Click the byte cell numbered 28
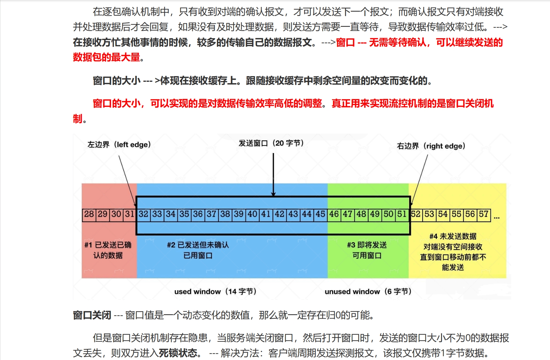click(x=89, y=214)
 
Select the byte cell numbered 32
click(x=143, y=214)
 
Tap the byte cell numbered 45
click(x=320, y=214)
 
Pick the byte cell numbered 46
click(x=334, y=214)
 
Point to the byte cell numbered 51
click(x=402, y=214)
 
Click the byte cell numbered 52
click(x=416, y=214)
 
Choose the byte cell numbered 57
click(x=484, y=214)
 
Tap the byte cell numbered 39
click(x=239, y=214)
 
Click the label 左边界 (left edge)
click(x=119, y=145)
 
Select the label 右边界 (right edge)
click(x=431, y=146)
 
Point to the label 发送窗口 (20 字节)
click(x=271, y=143)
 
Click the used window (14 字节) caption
click(x=215, y=291)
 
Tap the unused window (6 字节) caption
click(x=368, y=291)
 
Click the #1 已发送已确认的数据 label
click(x=108, y=250)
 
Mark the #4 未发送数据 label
click(x=453, y=236)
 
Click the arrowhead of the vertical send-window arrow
click(x=273, y=194)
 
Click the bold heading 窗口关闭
click(x=92, y=315)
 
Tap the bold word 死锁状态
click(x=178, y=353)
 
